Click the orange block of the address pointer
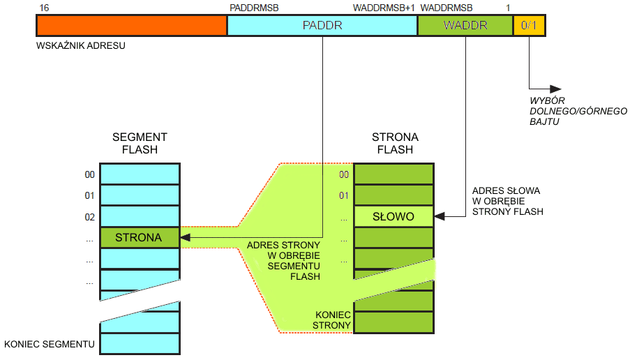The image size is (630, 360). click(131, 26)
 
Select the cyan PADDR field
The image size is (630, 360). click(322, 26)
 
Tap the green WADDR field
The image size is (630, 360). click(465, 26)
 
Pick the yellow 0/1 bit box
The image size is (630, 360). click(529, 26)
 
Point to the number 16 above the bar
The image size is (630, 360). click(45, 8)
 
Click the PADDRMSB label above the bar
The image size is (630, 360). click(254, 8)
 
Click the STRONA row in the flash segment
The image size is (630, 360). click(139, 238)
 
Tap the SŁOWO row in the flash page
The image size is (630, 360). click(393, 216)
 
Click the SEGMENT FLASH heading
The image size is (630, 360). click(140, 143)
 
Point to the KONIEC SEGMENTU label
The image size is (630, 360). click(50, 344)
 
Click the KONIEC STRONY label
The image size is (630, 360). click(331, 320)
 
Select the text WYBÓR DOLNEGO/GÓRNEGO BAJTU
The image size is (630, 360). click(578, 111)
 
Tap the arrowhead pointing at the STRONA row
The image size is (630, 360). click(186, 238)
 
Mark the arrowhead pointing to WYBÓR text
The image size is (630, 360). click(555, 89)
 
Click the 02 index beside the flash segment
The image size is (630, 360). click(89, 217)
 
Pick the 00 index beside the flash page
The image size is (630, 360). click(343, 174)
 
